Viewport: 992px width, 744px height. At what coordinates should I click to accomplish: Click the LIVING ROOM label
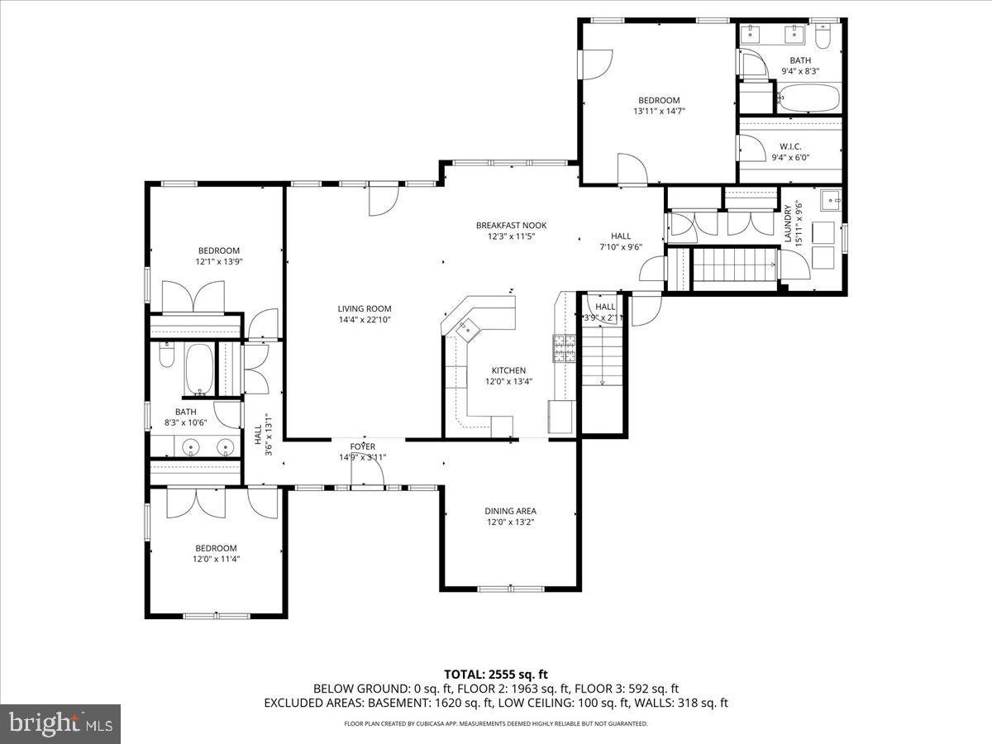tap(364, 308)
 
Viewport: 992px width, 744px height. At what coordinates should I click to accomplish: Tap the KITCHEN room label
tap(508, 370)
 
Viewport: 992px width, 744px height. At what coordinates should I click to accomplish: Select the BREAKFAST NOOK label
tap(511, 225)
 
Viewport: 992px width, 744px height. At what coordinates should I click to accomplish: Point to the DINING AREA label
tap(510, 511)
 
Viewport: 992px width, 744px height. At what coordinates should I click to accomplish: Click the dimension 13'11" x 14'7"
tap(659, 111)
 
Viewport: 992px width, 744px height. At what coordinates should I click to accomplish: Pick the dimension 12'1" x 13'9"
tap(218, 261)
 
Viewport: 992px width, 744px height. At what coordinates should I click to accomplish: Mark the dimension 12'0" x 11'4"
tap(216, 559)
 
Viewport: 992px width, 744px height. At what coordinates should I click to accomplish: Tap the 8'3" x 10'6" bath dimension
tap(185, 422)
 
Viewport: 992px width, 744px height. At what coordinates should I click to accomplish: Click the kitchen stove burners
tap(564, 348)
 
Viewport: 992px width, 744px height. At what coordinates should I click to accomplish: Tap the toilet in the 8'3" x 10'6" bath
tap(166, 355)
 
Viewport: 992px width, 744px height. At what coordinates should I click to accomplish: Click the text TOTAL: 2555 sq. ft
tap(496, 673)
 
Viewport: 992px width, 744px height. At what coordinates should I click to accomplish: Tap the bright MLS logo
tap(60, 723)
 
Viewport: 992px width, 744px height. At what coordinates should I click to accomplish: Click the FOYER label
tap(362, 446)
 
